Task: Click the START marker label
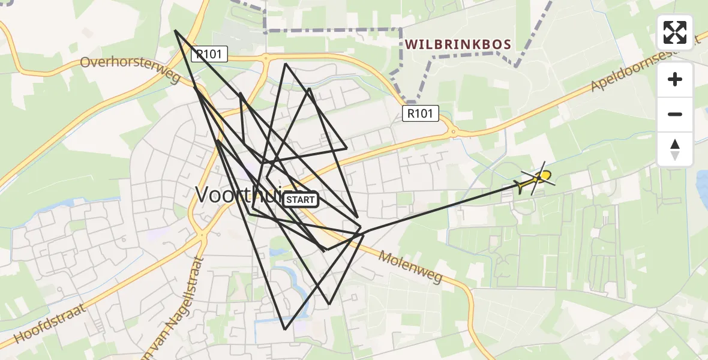coord(300,199)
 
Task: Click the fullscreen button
coord(675,32)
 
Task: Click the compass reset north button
coord(675,149)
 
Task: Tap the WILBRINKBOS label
coord(458,44)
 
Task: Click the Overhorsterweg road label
coord(130,70)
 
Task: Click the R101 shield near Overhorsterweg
coord(209,55)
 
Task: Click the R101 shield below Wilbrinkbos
coord(421,113)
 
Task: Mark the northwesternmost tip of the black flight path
coord(175,31)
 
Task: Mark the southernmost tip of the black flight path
coord(285,329)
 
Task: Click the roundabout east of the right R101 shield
coord(454,131)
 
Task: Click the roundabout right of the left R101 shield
coord(265,59)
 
